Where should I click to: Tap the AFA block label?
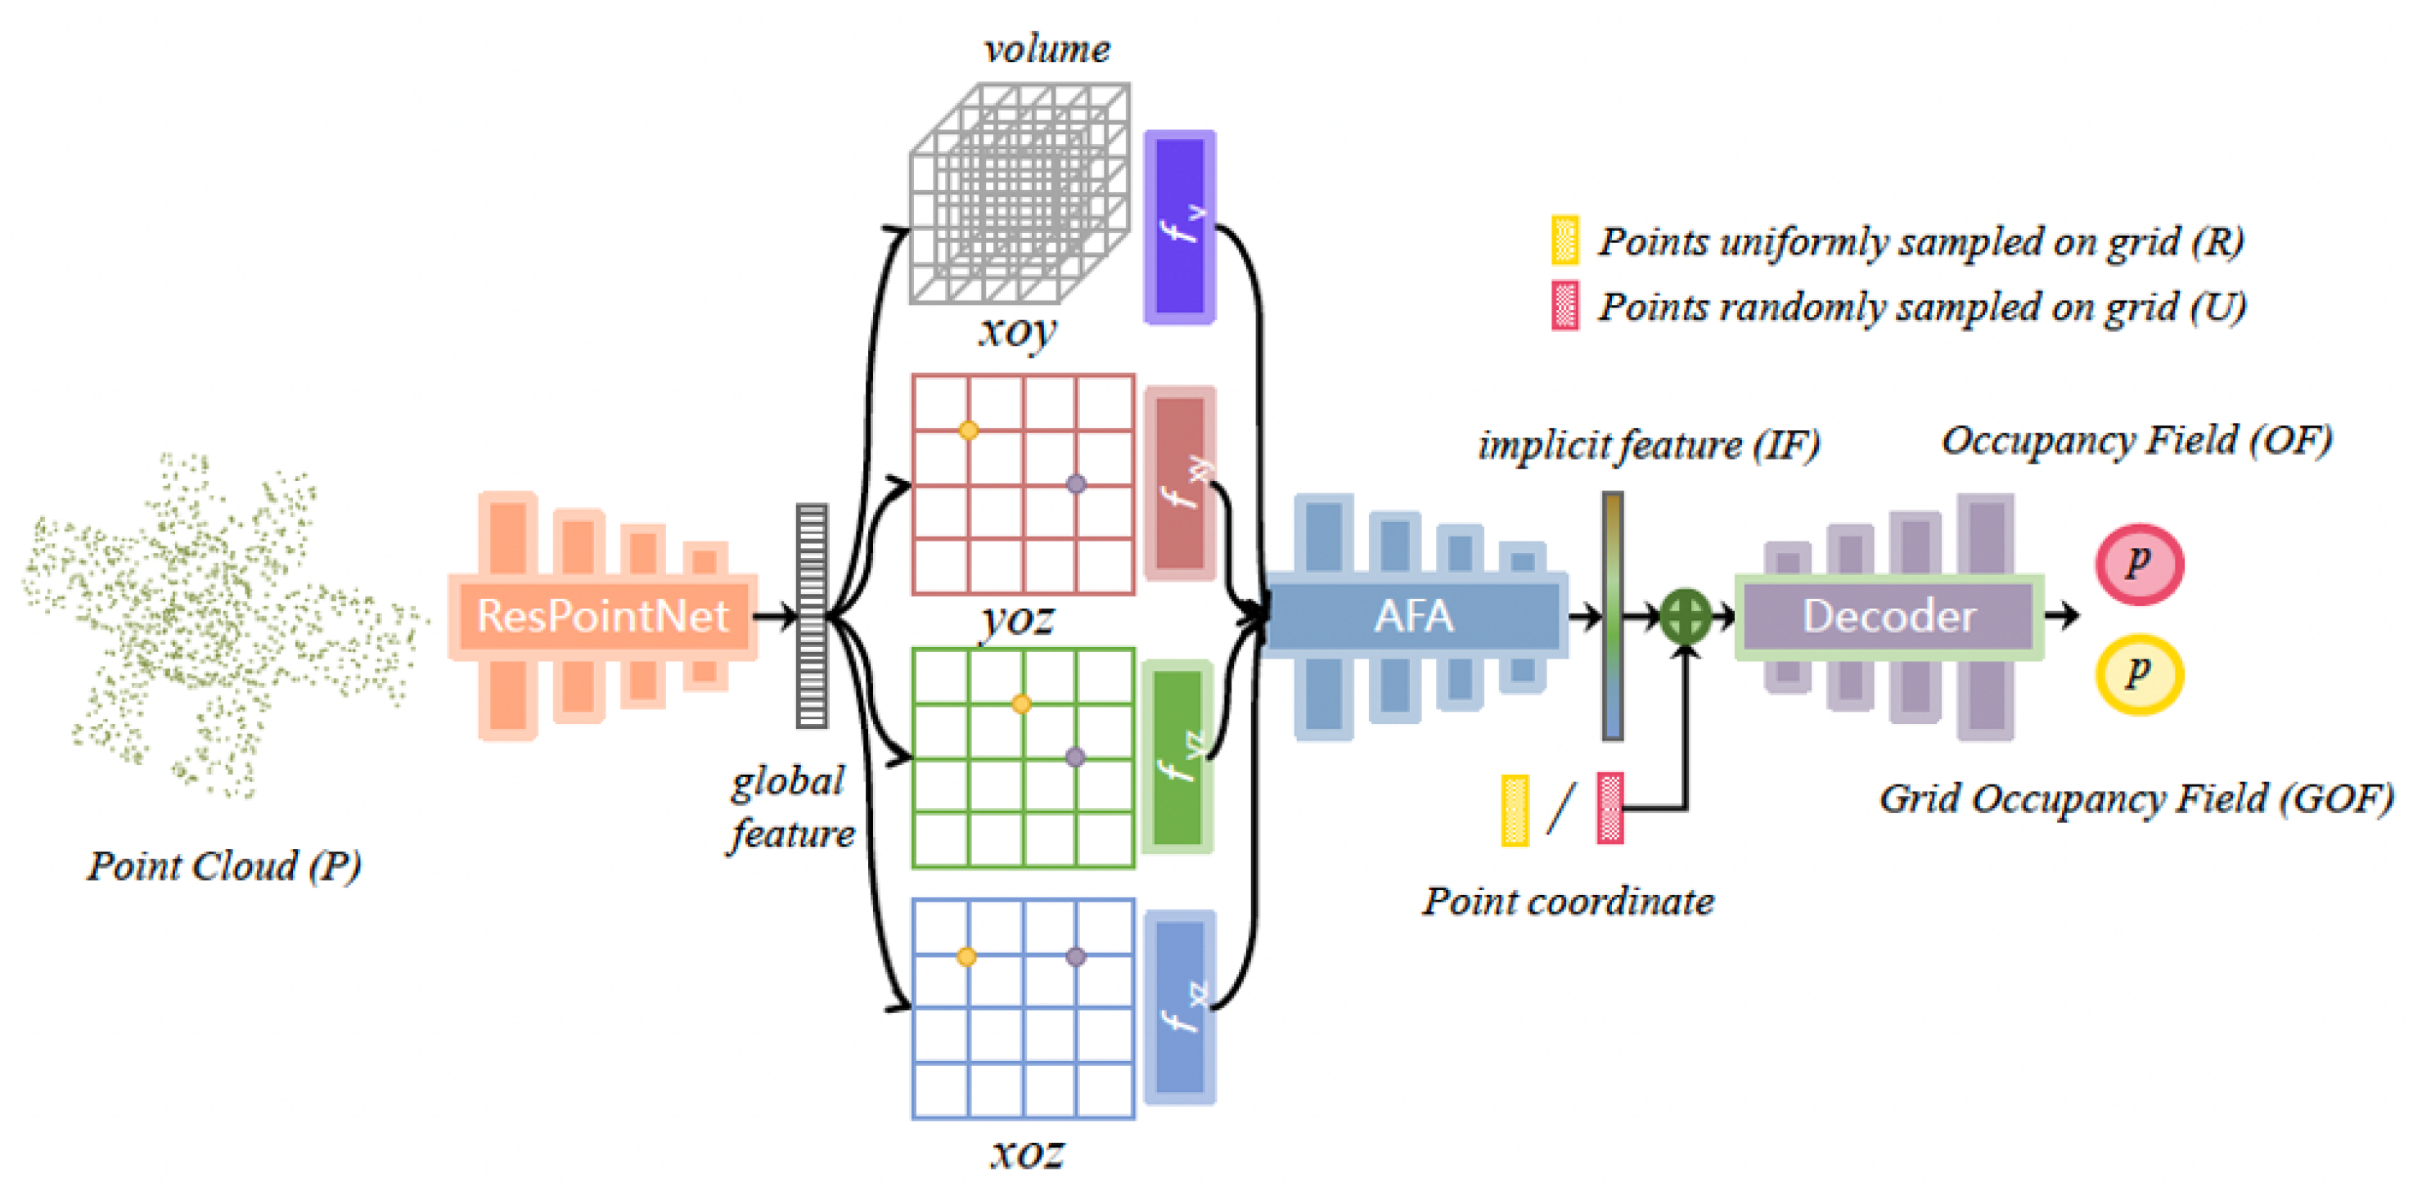[x=1413, y=617]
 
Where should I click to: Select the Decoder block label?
[x=1889, y=617]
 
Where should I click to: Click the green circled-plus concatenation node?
[x=1686, y=617]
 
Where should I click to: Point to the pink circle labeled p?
[x=2139, y=564]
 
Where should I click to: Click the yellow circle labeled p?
[x=2139, y=674]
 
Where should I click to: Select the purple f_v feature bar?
[x=1180, y=227]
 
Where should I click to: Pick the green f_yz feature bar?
[x=1178, y=757]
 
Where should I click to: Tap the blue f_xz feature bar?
[x=1180, y=1007]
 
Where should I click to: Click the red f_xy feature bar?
[x=1180, y=483]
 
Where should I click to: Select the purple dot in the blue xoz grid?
[x=1076, y=956]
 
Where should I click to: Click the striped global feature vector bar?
[x=812, y=616]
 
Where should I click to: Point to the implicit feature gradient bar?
[x=1613, y=616]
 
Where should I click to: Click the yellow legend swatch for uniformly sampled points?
[x=1564, y=240]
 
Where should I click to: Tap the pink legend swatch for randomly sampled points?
[x=1564, y=306]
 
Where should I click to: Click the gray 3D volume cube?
[x=1020, y=193]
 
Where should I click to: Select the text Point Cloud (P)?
[x=223, y=866]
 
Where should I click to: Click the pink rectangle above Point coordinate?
[x=1609, y=808]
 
